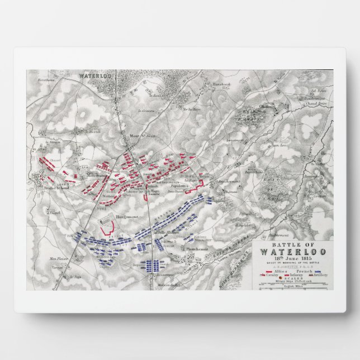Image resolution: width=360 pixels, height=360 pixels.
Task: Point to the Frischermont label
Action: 226,182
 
